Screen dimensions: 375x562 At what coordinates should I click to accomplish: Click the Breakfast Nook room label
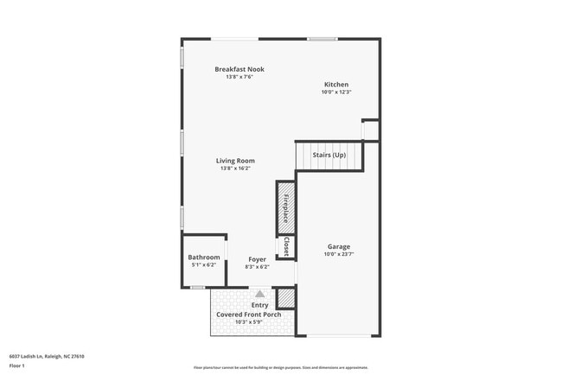click(239, 69)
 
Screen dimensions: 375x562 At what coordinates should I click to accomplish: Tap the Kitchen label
click(336, 85)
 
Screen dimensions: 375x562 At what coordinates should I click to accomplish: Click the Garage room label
click(338, 246)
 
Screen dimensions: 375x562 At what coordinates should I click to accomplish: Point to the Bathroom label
click(204, 257)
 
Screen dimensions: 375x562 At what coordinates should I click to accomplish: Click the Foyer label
click(257, 259)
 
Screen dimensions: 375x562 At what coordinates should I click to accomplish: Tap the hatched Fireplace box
click(286, 207)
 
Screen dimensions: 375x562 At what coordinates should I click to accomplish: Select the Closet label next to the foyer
click(286, 247)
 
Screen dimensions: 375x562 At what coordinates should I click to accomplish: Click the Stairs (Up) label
click(329, 155)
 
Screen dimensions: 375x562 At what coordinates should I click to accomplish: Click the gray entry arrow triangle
click(259, 294)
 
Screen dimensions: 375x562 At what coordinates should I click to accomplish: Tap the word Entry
click(259, 305)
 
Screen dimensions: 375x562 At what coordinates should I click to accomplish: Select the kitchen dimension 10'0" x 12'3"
click(336, 92)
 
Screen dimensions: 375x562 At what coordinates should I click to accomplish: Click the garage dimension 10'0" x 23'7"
click(338, 254)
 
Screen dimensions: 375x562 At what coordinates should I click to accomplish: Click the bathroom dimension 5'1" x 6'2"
click(204, 266)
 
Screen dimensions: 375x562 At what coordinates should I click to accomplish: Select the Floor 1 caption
click(16, 365)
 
